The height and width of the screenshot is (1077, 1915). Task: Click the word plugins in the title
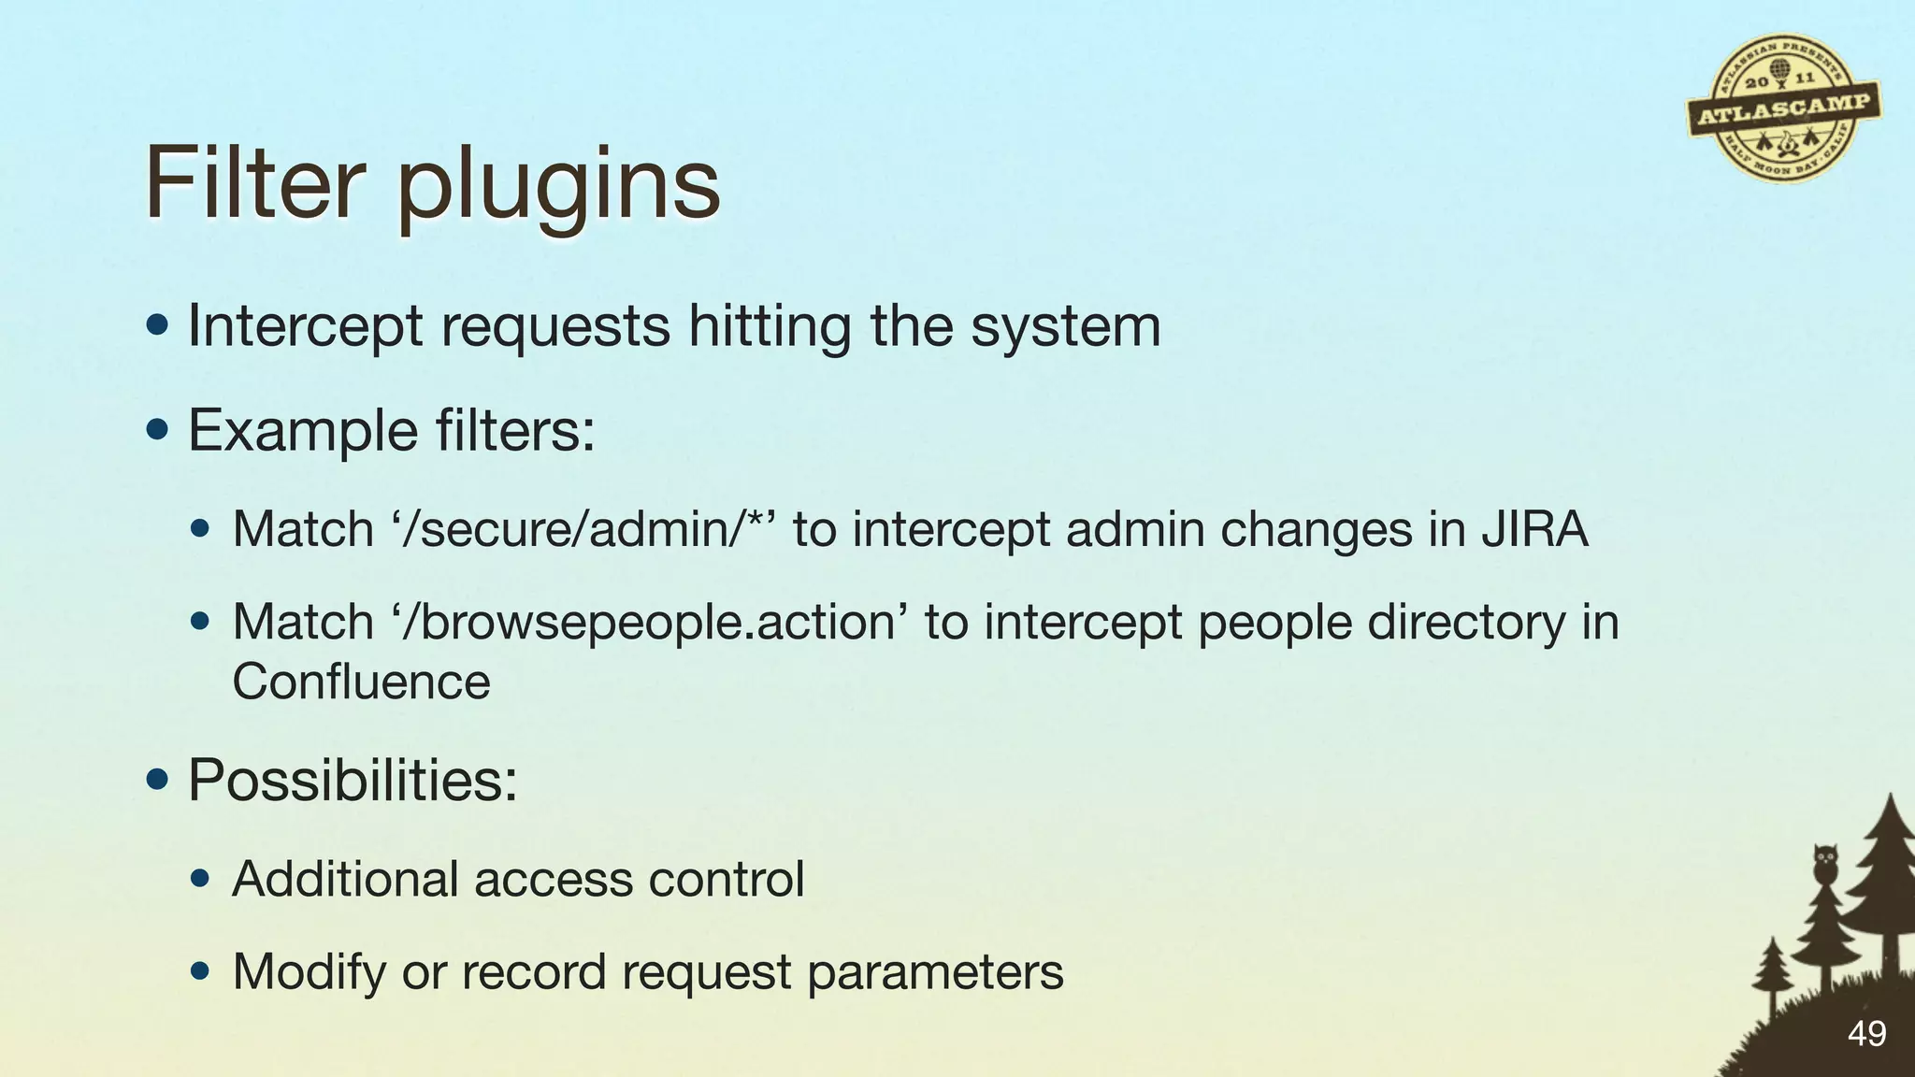558,187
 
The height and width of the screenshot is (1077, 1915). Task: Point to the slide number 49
1866,1034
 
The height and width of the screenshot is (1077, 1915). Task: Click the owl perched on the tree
1824,863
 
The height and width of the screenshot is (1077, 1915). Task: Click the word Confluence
361,682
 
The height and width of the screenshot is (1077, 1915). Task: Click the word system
1065,327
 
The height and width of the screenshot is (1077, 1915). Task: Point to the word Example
303,431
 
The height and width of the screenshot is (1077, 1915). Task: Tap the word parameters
935,972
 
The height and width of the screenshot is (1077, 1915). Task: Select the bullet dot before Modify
199,971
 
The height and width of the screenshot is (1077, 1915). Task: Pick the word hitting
770,327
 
